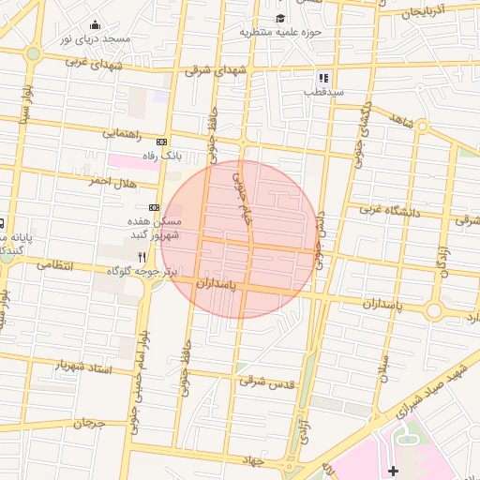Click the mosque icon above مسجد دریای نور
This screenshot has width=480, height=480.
click(x=95, y=25)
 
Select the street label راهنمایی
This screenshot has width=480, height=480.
click(x=124, y=134)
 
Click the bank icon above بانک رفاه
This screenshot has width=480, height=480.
click(x=161, y=141)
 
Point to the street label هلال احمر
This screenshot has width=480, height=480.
click(x=112, y=178)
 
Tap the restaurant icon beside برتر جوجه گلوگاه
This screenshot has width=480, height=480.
click(x=142, y=256)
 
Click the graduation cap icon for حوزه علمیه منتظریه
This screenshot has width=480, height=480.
click(x=280, y=18)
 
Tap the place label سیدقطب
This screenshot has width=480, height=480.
click(x=323, y=92)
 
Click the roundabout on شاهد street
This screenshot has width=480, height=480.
click(x=423, y=126)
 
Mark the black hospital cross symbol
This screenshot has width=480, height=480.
click(x=392, y=469)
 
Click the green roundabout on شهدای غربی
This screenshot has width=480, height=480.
click(x=34, y=53)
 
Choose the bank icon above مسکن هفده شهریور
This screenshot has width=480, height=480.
click(x=154, y=207)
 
